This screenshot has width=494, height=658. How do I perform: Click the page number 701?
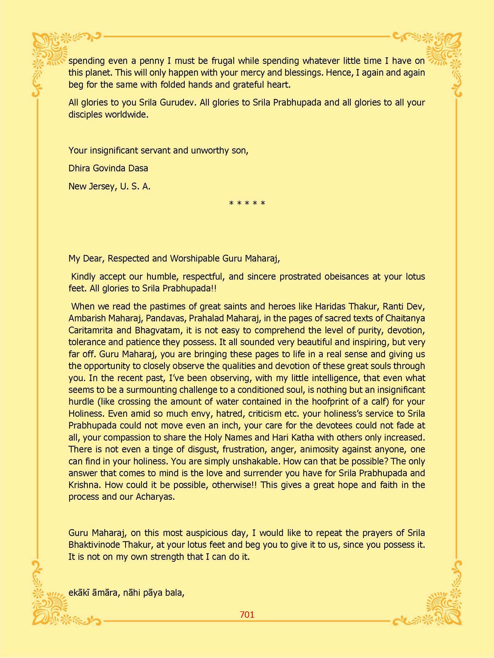click(x=247, y=614)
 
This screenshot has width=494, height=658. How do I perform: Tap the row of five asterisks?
click(x=247, y=203)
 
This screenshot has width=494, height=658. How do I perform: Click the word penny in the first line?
click(x=151, y=61)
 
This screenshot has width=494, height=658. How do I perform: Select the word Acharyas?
click(x=155, y=497)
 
